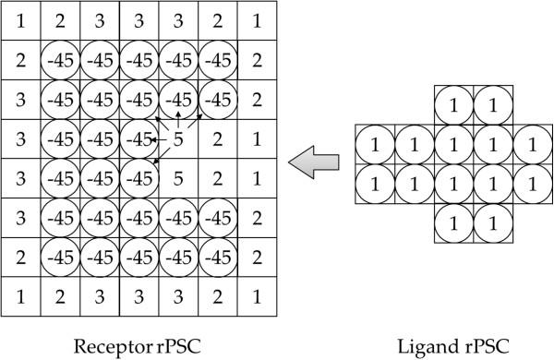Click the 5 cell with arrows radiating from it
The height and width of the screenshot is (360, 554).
[178, 139]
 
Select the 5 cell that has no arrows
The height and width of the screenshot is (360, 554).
[178, 178]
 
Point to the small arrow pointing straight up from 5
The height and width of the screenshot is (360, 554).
[178, 118]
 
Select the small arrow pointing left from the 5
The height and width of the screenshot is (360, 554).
[158, 139]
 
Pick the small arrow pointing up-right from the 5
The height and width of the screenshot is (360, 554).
[194, 120]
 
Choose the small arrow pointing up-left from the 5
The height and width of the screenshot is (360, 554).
[162, 122]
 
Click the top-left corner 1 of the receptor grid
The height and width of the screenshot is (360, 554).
[21, 20]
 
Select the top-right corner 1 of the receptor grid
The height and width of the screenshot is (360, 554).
[258, 20]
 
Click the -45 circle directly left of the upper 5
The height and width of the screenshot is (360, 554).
[138, 139]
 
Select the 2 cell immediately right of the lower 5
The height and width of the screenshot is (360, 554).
[218, 178]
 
